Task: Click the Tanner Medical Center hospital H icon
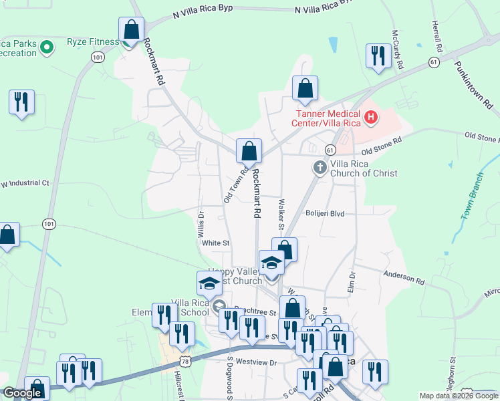370,119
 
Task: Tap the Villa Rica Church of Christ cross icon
320,166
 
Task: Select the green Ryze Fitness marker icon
47,47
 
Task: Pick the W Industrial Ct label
25,183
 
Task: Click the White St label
216,243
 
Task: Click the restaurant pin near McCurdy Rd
378,56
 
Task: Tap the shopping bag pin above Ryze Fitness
132,29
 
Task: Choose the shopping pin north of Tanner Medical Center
305,88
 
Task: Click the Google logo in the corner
23,393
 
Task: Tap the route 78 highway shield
184,362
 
